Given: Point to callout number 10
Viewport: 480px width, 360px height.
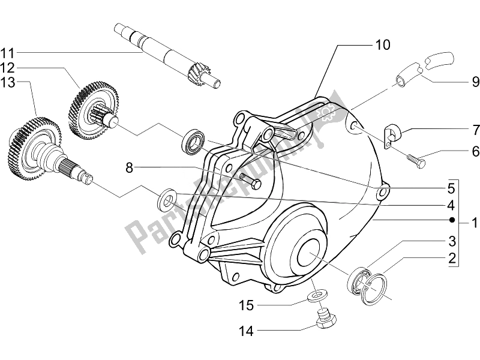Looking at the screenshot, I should pos(383,44).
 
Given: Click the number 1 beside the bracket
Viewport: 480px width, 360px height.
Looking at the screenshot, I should pos(473,224).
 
